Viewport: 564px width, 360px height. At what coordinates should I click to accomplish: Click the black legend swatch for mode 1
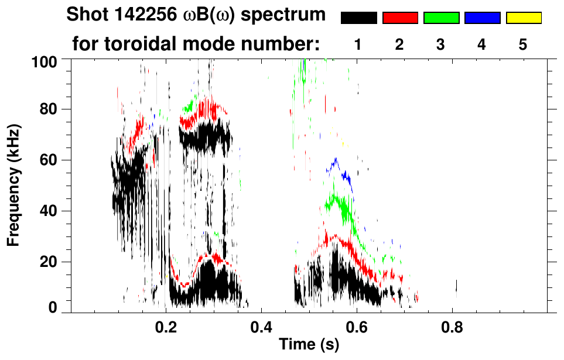pos(359,18)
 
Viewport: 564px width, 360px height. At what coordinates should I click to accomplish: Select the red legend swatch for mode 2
pos(400,18)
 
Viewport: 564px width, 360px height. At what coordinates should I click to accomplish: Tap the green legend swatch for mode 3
pos(441,18)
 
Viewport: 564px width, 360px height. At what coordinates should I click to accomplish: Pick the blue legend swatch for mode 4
pos(482,18)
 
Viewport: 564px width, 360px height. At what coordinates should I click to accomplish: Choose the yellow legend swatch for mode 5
pos(523,18)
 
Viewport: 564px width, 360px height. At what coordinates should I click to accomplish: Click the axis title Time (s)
pos(309,345)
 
